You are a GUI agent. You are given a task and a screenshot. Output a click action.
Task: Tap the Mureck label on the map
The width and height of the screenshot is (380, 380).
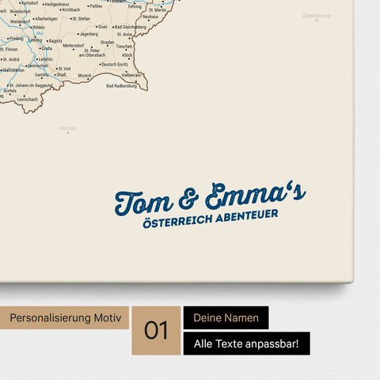coord(85,77)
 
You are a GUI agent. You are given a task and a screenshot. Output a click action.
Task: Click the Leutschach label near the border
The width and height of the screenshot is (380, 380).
coord(27,99)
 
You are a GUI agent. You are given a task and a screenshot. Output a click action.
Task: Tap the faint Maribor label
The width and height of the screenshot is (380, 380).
coord(68,128)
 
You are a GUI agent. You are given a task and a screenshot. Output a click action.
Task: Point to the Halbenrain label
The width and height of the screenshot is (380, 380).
coord(131,74)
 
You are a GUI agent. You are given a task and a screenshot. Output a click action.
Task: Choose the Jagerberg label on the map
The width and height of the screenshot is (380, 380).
coord(89,34)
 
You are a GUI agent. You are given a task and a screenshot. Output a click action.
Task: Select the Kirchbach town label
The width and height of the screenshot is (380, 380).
coord(71,9)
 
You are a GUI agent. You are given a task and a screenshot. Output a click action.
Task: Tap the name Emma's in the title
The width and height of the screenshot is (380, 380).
coord(254,194)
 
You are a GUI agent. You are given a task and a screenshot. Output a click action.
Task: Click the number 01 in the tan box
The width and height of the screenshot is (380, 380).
coord(157,330)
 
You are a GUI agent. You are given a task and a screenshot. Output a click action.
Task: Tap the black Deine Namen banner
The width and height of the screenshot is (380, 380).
coord(226,318)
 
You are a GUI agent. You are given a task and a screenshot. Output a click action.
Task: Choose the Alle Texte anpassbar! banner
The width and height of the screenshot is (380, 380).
coord(246,344)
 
